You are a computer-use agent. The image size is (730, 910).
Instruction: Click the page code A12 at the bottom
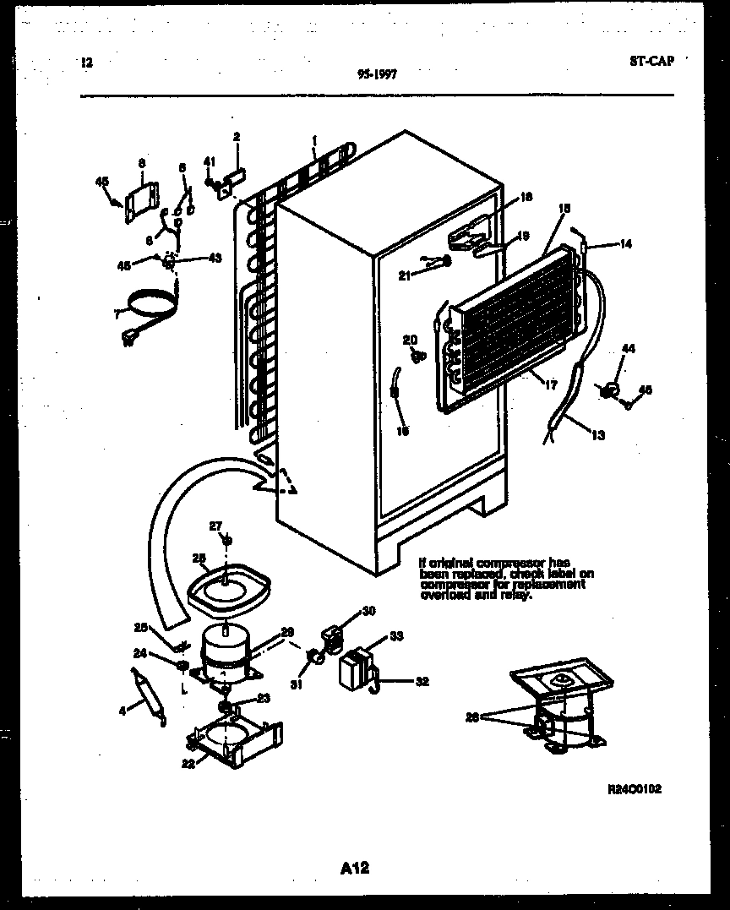tap(355, 868)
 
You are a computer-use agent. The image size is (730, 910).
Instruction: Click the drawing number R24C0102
tap(635, 789)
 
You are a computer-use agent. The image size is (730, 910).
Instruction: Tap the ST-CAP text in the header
tap(651, 61)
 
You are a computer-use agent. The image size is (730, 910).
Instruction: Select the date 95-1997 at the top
tap(378, 74)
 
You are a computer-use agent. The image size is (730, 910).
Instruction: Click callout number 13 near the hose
tap(598, 435)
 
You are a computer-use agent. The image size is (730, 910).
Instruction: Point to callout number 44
tap(628, 349)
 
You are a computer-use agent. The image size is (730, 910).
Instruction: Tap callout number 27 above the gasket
tap(215, 526)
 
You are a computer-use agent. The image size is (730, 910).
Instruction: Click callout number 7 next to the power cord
tap(117, 313)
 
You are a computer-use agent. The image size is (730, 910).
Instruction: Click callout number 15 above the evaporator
tap(564, 206)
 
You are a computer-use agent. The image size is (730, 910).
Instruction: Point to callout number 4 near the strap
tap(123, 711)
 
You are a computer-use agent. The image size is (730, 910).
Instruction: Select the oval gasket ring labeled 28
tap(226, 589)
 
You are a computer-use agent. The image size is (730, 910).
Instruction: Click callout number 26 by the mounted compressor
tap(471, 717)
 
